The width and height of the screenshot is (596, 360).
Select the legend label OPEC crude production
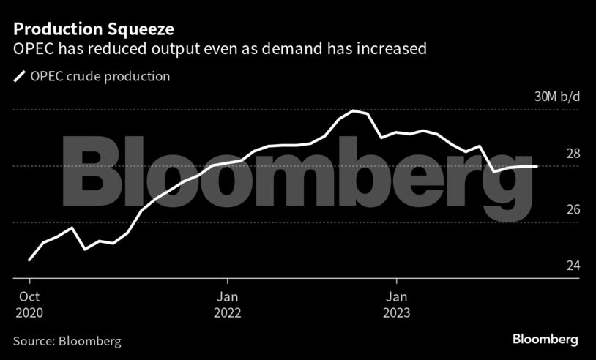pyautogui.click(x=100, y=76)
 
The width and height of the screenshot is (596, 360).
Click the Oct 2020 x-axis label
pyautogui.click(x=29, y=304)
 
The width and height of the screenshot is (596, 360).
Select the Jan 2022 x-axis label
pyautogui.click(x=228, y=304)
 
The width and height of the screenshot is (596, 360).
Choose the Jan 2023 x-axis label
pyautogui.click(x=397, y=304)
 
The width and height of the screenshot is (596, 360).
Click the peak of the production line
pyautogui.click(x=354, y=110)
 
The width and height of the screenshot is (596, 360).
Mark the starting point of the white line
pyautogui.click(x=29, y=260)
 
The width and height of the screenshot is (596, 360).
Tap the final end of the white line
pyautogui.click(x=537, y=167)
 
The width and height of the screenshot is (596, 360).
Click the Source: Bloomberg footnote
pyautogui.click(x=67, y=341)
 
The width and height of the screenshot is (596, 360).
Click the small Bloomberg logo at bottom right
pyautogui.click(x=545, y=340)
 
